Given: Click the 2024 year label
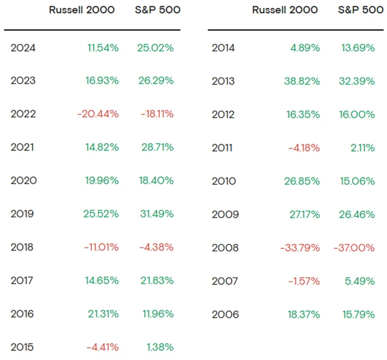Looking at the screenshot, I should [24, 48].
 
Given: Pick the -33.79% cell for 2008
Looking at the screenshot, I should [300, 248].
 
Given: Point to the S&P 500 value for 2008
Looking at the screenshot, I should [354, 248].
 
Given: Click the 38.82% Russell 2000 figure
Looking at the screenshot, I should [299, 81].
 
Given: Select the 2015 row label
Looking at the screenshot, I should [24, 347].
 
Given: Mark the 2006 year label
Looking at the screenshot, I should [225, 314].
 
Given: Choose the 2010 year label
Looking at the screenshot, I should [224, 181].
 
